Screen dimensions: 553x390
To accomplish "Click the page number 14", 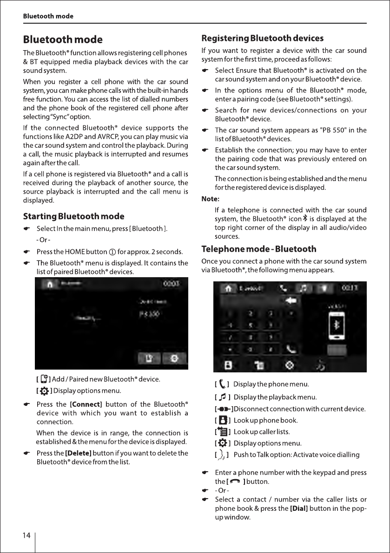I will [x=26, y=535].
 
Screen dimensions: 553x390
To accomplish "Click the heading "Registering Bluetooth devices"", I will [x=262, y=38].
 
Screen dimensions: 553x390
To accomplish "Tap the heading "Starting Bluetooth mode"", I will [x=73, y=216].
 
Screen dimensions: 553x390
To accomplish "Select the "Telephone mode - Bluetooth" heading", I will [x=258, y=249].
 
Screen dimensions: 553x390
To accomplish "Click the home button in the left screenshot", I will [x=48, y=284].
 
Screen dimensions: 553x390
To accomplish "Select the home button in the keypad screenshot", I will [x=228, y=288].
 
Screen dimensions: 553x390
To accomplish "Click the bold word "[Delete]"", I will [x=79, y=453].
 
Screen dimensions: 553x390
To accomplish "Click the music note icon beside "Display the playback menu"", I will [x=223, y=397].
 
